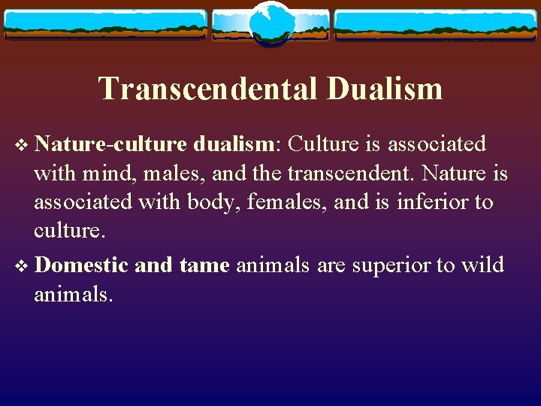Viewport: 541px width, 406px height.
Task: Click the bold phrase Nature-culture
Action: pos(111,144)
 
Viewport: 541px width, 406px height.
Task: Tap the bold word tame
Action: pos(204,265)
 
